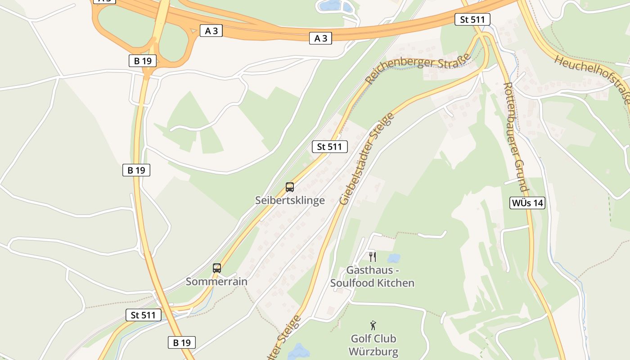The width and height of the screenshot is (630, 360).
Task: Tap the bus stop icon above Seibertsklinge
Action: coord(290,187)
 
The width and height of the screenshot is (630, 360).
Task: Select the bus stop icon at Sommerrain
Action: coord(217,268)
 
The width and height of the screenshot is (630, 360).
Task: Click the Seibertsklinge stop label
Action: coord(290,200)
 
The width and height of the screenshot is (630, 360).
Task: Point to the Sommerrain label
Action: coord(217,282)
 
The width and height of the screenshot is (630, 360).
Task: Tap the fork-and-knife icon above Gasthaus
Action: coord(372,257)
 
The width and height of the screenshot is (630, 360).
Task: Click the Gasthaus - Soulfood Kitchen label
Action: coord(373,277)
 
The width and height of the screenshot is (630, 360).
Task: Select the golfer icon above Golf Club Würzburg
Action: coord(373,325)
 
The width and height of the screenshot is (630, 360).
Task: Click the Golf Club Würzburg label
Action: coord(374,345)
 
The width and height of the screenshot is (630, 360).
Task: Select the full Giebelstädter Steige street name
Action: coord(367,158)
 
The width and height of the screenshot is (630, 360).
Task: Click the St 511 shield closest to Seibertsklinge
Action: coord(329,147)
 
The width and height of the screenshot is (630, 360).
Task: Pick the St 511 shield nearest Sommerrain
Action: coord(143,315)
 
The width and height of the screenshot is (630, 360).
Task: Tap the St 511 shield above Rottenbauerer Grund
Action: coord(472,19)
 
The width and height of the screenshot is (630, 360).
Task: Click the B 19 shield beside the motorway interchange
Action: coord(143,61)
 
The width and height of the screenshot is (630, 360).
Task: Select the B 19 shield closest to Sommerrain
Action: coord(182,342)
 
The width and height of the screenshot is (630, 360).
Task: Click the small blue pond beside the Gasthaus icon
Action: coord(394,258)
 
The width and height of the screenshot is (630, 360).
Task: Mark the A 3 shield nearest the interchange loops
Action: coord(211,31)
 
